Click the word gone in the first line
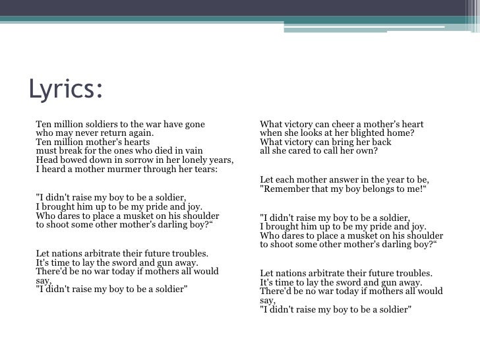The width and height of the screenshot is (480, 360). (193, 124)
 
